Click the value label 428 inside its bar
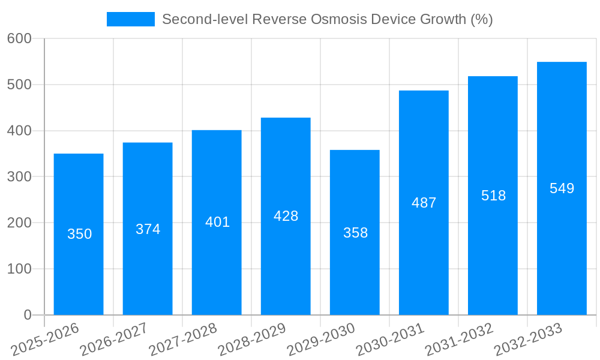click(286, 216)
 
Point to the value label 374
click(148, 229)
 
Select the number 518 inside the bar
click(493, 196)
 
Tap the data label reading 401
click(217, 222)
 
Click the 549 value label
click(562, 188)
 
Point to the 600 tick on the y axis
click(19, 38)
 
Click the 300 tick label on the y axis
click(19, 177)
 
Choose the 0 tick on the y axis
click(28, 315)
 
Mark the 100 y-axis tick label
click(19, 269)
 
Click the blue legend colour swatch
click(130, 19)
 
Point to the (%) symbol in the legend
click(481, 19)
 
